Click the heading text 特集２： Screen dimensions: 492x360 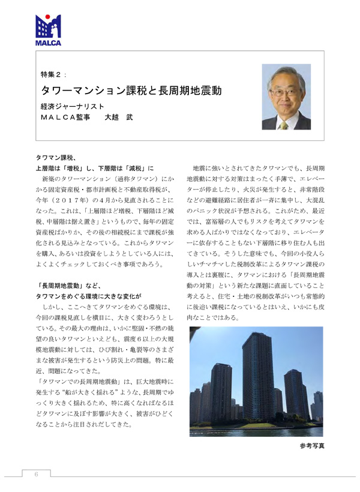[x=54, y=74]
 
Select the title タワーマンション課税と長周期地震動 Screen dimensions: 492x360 [x=131, y=91]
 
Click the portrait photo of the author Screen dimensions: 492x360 [x=286, y=97]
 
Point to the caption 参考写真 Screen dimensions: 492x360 [x=311, y=446]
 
